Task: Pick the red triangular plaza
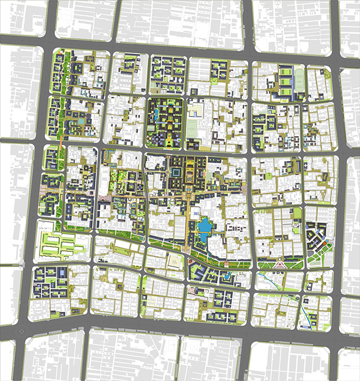(280, 264)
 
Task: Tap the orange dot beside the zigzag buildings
(328, 243)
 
